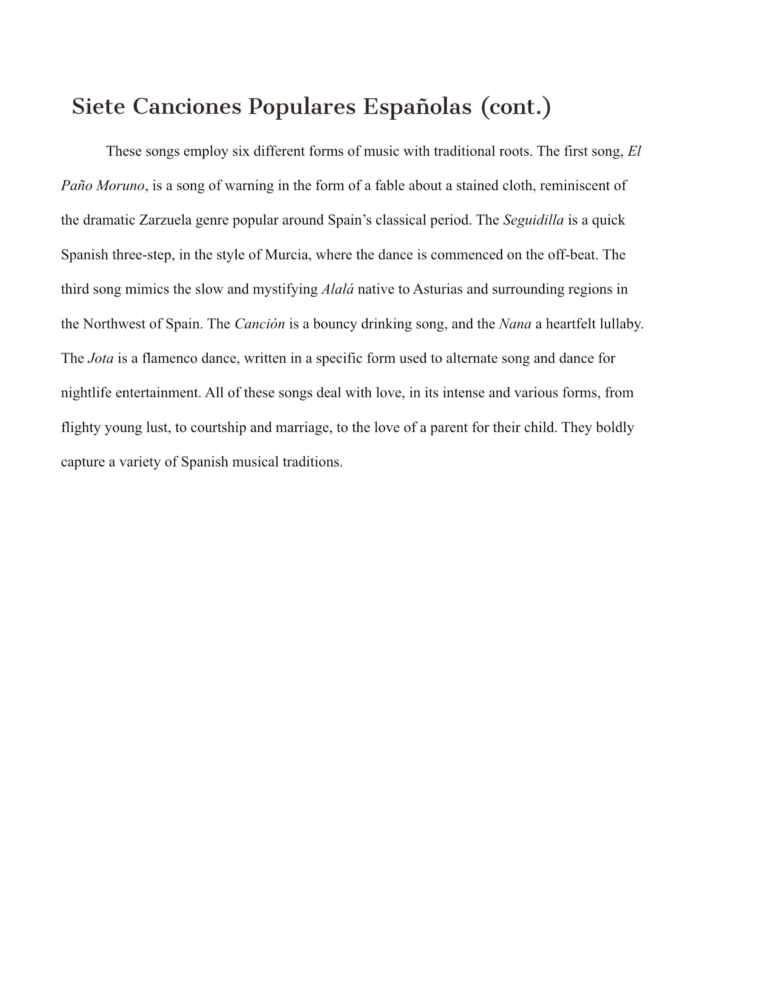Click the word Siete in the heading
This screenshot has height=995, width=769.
tap(98, 107)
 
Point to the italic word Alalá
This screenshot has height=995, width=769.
tap(337, 289)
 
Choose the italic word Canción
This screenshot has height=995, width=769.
tap(260, 324)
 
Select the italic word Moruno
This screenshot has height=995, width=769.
tap(120, 186)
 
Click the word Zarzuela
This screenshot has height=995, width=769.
tap(165, 220)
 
